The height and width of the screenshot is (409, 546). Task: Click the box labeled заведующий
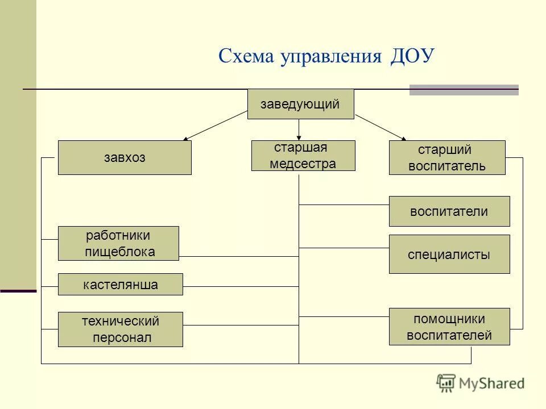(x=300, y=104)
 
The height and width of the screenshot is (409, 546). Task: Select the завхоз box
(x=125, y=158)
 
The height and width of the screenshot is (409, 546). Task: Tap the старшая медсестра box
(x=303, y=156)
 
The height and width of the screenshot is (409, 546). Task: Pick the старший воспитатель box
(x=447, y=157)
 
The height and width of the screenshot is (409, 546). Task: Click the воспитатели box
(x=449, y=211)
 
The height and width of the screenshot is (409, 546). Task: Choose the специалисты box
(x=449, y=254)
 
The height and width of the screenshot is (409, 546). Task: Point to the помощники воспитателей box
(x=449, y=327)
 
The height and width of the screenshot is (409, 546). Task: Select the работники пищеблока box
(x=118, y=244)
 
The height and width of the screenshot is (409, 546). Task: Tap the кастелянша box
(x=121, y=285)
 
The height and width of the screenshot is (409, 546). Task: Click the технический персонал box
(x=121, y=329)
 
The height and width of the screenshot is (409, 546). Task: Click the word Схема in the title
(x=246, y=56)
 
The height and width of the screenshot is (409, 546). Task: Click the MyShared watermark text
(x=492, y=383)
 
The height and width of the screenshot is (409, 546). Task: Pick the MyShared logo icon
(x=446, y=383)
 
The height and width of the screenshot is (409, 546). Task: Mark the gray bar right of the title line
(x=464, y=90)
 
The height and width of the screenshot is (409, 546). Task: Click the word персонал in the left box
(x=123, y=338)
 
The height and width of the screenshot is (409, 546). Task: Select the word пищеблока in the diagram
(x=119, y=252)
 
